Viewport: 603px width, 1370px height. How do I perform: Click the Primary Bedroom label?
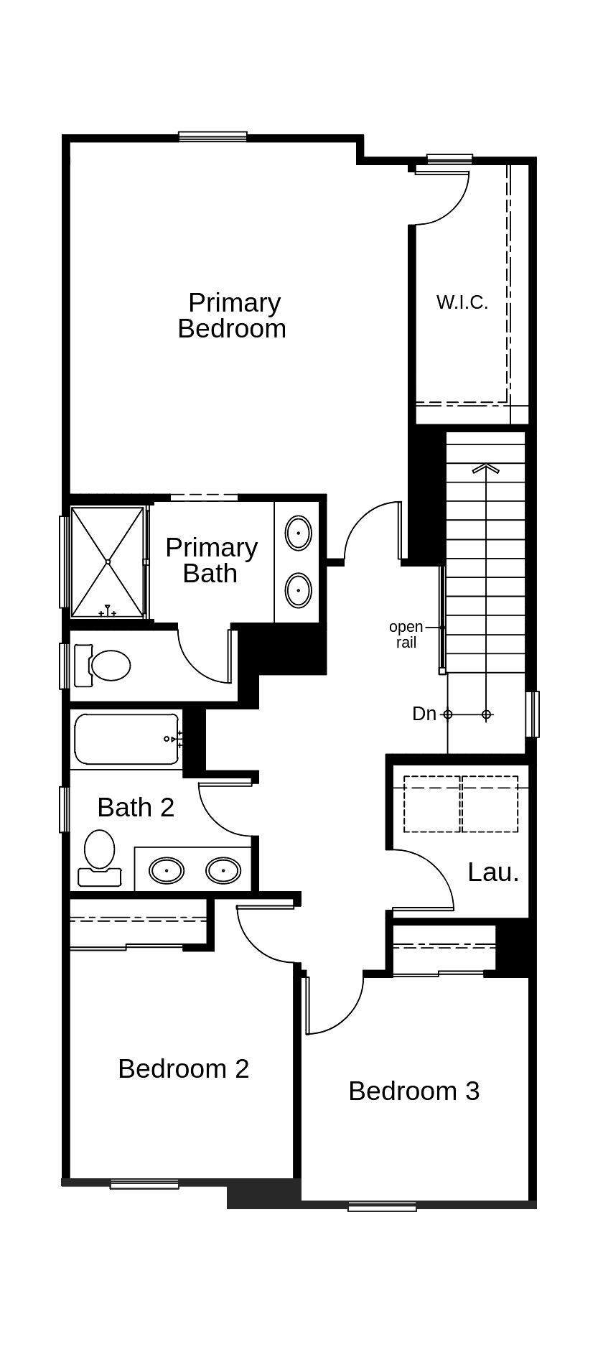click(x=232, y=315)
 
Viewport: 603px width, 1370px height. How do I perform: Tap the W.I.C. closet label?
click(x=462, y=302)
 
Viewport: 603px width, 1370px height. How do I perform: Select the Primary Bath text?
click(x=211, y=560)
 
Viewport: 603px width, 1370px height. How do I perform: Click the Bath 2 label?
click(x=136, y=807)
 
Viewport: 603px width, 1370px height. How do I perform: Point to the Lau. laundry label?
click(x=493, y=872)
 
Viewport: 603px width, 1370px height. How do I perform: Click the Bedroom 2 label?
click(x=183, y=1068)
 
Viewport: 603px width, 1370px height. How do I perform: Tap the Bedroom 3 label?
click(x=413, y=1091)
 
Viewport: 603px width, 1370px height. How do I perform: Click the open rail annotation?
click(x=406, y=635)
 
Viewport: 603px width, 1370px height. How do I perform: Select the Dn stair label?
click(x=424, y=714)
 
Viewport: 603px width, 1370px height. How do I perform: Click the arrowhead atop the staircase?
click(x=486, y=469)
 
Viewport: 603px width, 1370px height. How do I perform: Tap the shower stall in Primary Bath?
click(x=108, y=561)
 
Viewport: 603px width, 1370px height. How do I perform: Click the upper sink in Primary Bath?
click(x=298, y=533)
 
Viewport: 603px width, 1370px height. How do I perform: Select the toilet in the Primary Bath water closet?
click(x=108, y=665)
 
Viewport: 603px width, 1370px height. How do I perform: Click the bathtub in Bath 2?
click(x=126, y=739)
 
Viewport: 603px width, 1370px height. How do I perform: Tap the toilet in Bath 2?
click(x=99, y=854)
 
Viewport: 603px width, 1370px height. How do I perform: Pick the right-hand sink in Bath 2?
click(x=223, y=871)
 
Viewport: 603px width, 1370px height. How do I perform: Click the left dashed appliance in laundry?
click(x=431, y=803)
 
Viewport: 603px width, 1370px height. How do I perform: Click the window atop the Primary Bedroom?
click(x=212, y=136)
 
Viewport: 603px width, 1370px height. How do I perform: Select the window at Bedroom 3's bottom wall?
click(x=382, y=1207)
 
